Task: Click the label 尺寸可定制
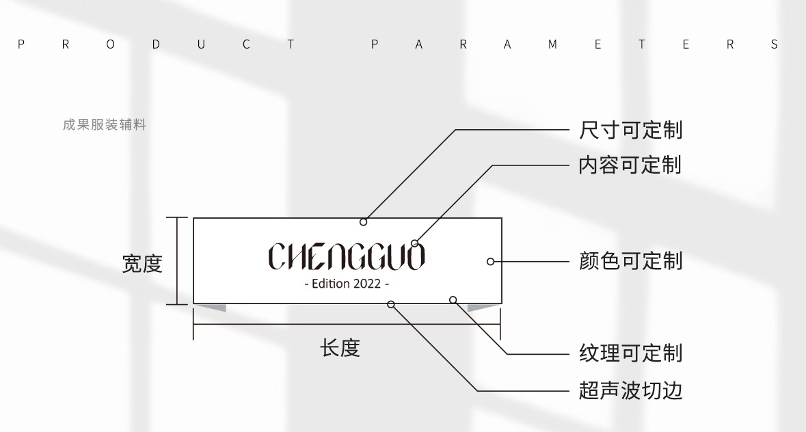[630, 130]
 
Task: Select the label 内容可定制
[630, 165]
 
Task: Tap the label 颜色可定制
[630, 261]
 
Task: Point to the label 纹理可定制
[630, 353]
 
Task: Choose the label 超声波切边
[630, 391]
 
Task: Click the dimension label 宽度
[142, 263]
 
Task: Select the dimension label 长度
[340, 349]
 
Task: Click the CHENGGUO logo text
[347, 256]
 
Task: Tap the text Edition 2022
[347, 284]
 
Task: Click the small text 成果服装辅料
[104, 125]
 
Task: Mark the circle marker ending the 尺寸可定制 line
[363, 222]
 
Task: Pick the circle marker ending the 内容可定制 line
[414, 243]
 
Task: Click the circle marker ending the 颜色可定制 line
[490, 261]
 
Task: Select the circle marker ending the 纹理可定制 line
[452, 299]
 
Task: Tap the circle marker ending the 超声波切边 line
[391, 304]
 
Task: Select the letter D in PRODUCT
[156, 45]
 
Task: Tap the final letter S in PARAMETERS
[774, 45]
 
